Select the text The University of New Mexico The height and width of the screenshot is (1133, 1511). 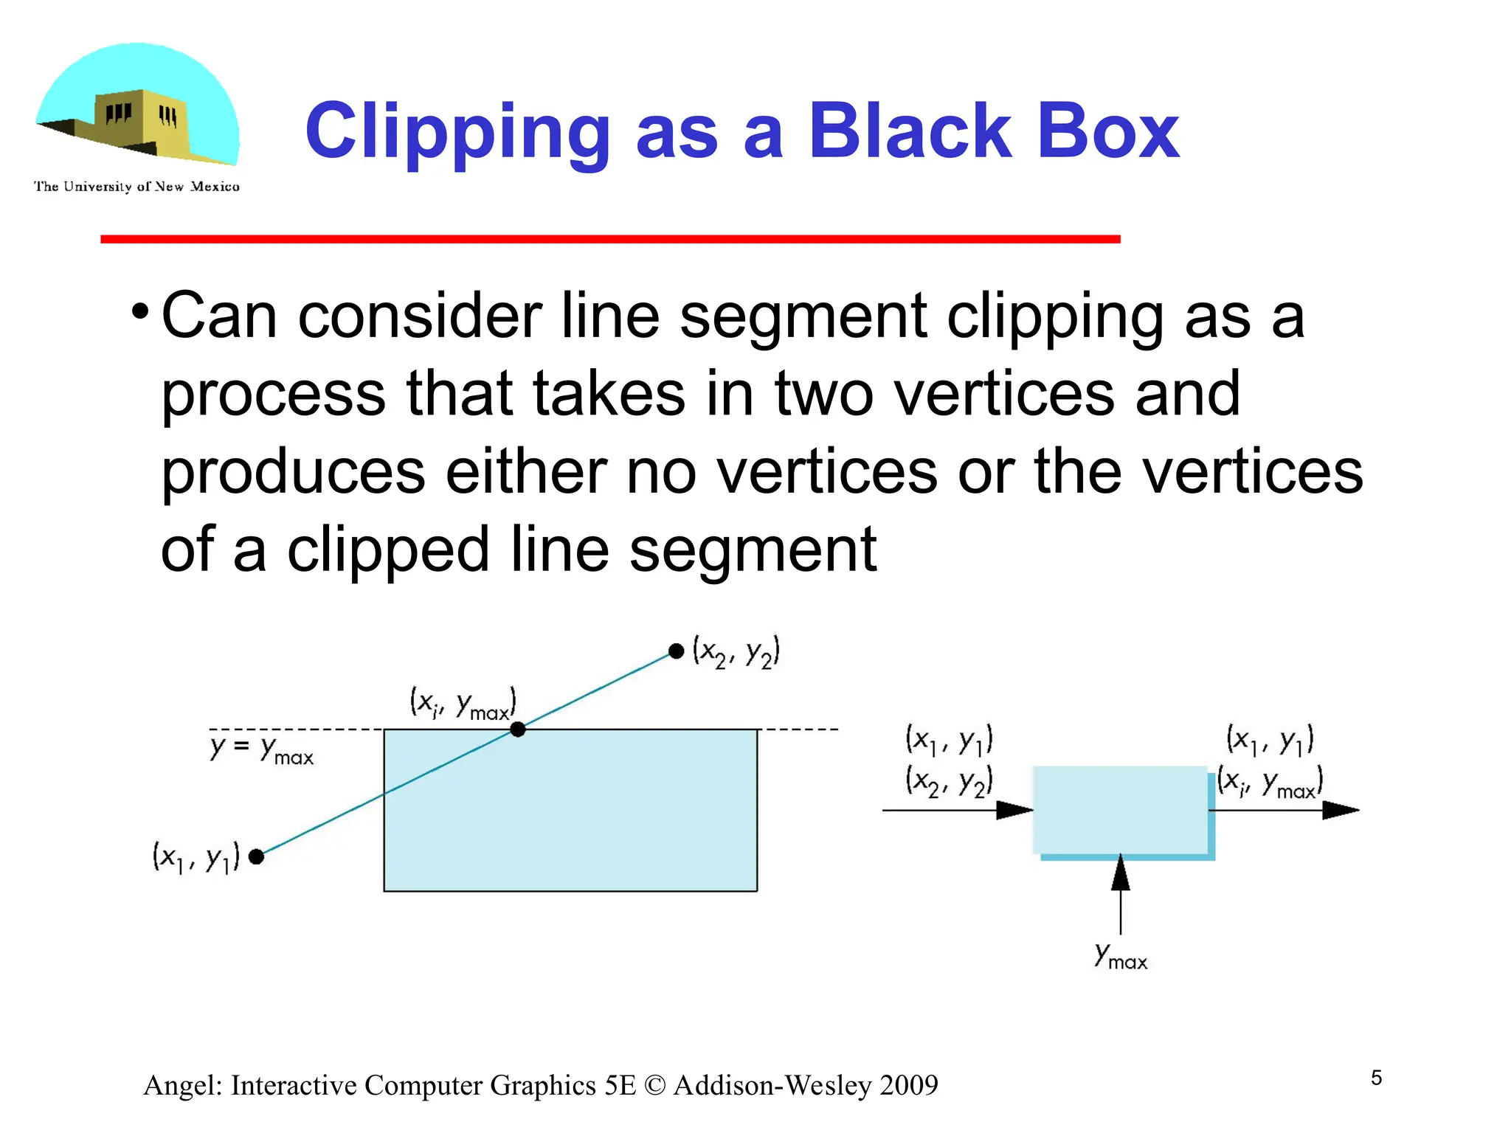coord(136,187)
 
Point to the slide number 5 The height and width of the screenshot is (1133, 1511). coord(1376,1078)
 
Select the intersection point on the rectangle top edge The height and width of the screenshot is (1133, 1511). coord(518,730)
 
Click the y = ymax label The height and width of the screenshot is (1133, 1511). coord(262,749)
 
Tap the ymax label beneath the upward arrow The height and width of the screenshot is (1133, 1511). coord(1121,956)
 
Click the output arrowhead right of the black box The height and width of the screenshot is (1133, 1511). coord(1340,810)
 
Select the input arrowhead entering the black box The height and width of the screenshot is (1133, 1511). coord(1014,810)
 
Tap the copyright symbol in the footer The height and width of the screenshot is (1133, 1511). coord(654,1085)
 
